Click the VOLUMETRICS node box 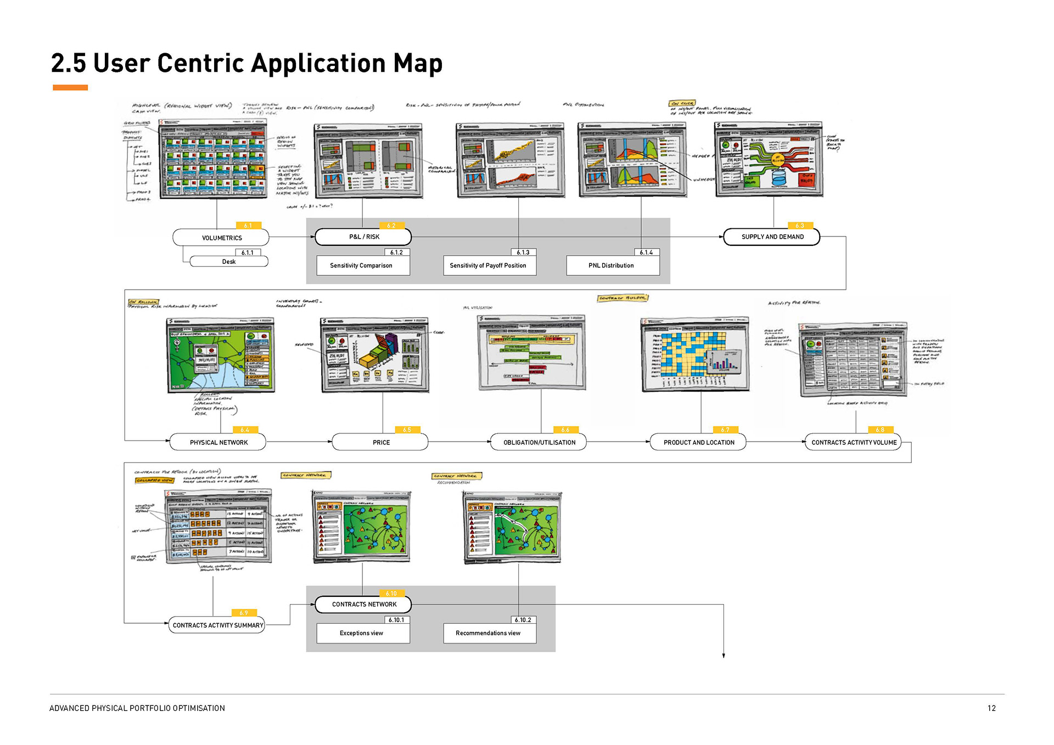pyautogui.click(x=221, y=238)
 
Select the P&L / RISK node pyautogui.click(x=363, y=236)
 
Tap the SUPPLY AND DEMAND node pyautogui.click(x=772, y=236)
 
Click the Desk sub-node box pyautogui.click(x=229, y=262)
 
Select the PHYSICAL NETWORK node pyautogui.click(x=218, y=442)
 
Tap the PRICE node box pyautogui.click(x=380, y=442)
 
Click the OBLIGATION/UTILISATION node pyautogui.click(x=539, y=442)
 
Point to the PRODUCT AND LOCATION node pyautogui.click(x=698, y=442)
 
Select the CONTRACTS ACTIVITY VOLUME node pyautogui.click(x=853, y=442)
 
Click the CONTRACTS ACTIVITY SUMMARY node pyautogui.click(x=217, y=625)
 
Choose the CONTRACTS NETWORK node pyautogui.click(x=363, y=604)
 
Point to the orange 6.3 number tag pyautogui.click(x=800, y=225)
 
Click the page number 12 pyautogui.click(x=991, y=708)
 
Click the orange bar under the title pyautogui.click(x=70, y=88)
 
